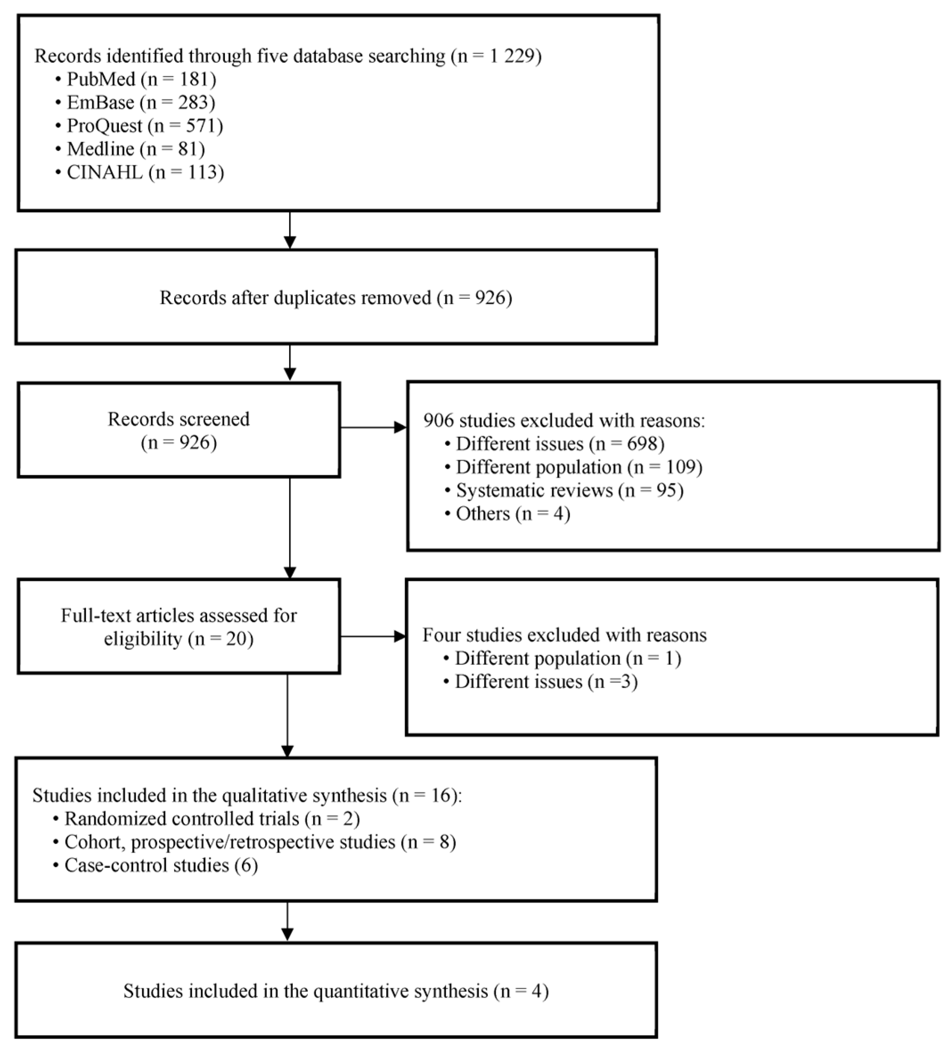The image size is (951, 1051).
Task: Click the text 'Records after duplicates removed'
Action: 295,297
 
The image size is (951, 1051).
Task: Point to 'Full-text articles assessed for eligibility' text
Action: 178,627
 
